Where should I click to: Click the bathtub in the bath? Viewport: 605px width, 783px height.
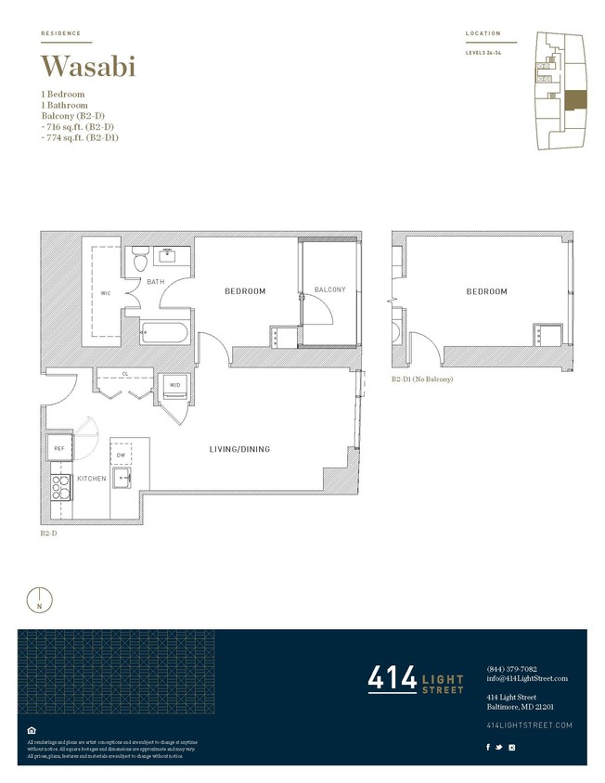click(x=165, y=331)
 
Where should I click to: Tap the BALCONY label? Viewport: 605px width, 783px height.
click(x=329, y=289)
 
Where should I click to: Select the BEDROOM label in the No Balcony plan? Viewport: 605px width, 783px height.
click(x=486, y=291)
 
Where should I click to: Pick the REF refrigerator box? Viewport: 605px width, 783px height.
click(x=58, y=445)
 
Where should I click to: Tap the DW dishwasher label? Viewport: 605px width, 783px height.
click(x=122, y=456)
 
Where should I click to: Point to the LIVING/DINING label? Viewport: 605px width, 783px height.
click(x=238, y=450)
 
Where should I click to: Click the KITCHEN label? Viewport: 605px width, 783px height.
click(x=91, y=479)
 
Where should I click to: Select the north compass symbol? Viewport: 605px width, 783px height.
click(x=39, y=600)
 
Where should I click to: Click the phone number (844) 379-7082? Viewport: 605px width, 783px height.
click(x=511, y=669)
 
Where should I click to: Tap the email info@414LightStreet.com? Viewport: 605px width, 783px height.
click(x=526, y=678)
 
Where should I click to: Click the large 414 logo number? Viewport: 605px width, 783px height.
click(x=392, y=680)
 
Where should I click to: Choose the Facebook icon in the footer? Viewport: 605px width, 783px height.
click(x=489, y=747)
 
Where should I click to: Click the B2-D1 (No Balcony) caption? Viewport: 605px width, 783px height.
click(x=421, y=379)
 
